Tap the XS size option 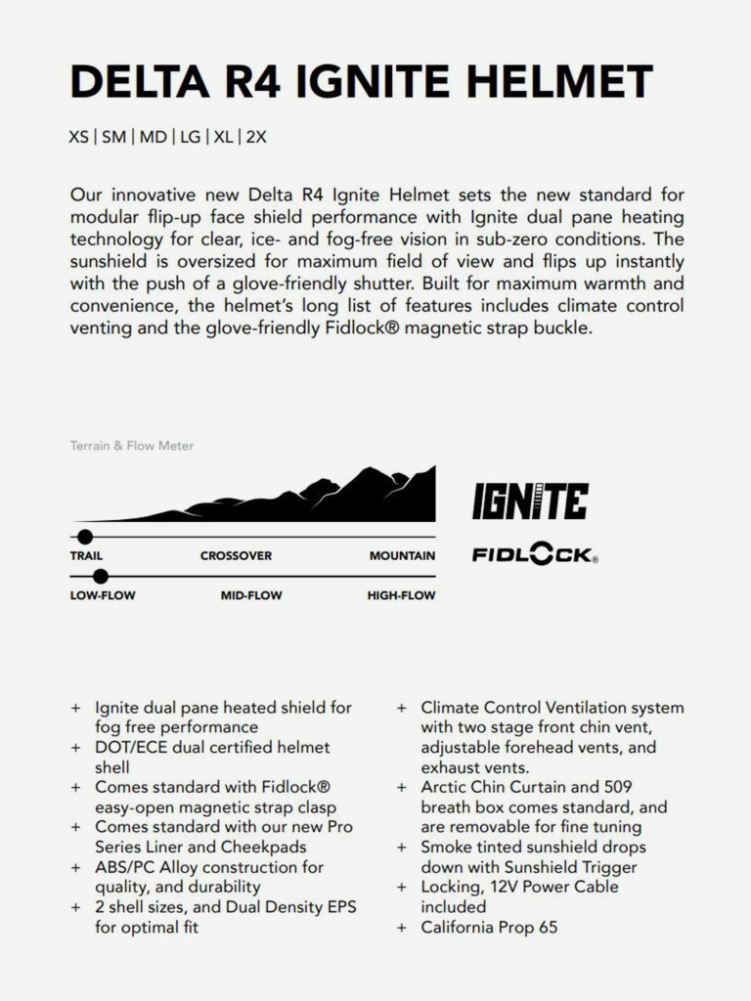click(x=78, y=137)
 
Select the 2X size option click(x=256, y=137)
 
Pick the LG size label click(x=190, y=137)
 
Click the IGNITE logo click(x=530, y=501)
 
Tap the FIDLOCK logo click(x=534, y=555)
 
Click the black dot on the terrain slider click(x=85, y=536)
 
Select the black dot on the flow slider click(x=101, y=576)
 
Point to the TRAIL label click(x=86, y=555)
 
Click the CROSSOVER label click(x=236, y=555)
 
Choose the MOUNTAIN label click(x=402, y=555)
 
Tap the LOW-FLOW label click(x=103, y=594)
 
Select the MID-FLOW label click(x=252, y=594)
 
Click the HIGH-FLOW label click(x=401, y=594)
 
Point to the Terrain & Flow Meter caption click(x=132, y=446)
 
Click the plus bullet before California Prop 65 click(x=401, y=927)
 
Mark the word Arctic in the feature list click(x=445, y=787)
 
